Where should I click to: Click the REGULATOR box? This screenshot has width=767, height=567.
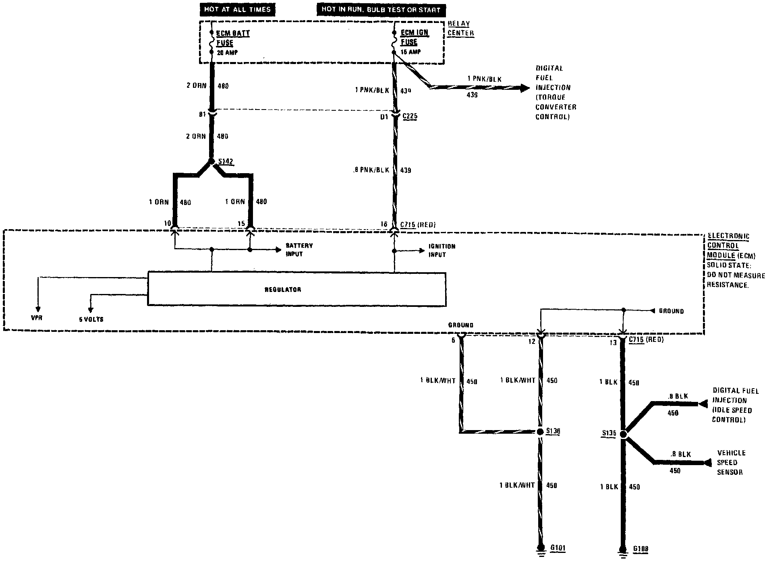click(296, 289)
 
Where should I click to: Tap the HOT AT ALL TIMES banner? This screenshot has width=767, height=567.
click(237, 10)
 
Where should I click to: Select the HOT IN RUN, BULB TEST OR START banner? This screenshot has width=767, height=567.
click(381, 10)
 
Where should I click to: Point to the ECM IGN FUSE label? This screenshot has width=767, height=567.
click(414, 37)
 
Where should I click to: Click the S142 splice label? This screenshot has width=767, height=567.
click(225, 162)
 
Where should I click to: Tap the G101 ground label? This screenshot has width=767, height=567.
click(558, 548)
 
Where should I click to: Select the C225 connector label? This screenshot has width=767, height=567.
click(410, 116)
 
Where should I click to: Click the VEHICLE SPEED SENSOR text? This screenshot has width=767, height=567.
click(731, 462)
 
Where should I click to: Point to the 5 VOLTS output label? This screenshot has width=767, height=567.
click(91, 319)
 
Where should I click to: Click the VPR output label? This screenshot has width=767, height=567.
click(36, 318)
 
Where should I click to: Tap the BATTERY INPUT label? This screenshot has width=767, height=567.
click(299, 250)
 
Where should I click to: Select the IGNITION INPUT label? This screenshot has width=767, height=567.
click(442, 250)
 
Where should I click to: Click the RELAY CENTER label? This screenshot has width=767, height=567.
click(460, 29)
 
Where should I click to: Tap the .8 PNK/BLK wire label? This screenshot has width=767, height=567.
click(371, 170)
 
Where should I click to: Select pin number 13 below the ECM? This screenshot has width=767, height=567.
click(613, 343)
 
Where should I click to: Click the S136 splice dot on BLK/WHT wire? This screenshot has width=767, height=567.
click(541, 432)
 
